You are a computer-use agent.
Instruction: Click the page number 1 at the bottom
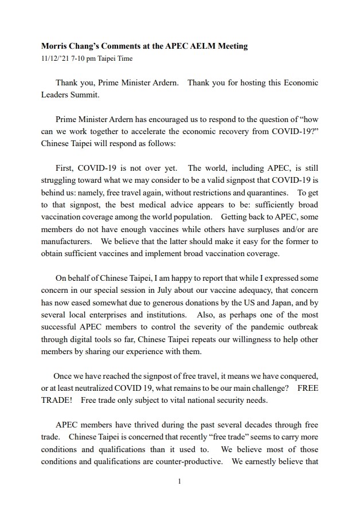click(179, 481)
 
